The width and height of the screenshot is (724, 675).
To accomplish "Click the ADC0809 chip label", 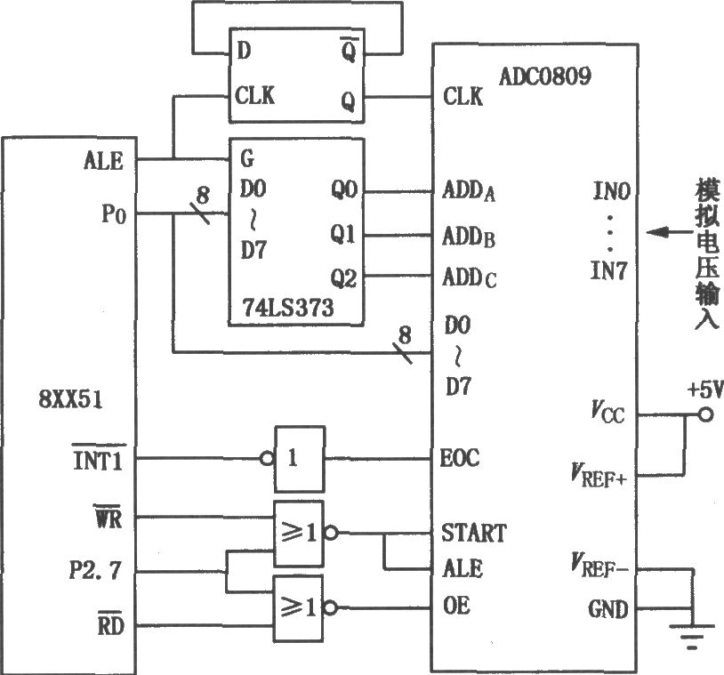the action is (x=545, y=76).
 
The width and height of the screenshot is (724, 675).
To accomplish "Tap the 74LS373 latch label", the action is (x=288, y=308).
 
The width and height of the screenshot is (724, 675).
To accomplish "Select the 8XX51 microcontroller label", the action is (x=70, y=399).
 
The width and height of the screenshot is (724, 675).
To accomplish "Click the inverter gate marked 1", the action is (x=300, y=459).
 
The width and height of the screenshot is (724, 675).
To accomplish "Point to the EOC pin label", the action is (x=460, y=458).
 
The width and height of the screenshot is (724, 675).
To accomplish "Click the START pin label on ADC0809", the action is (x=474, y=533).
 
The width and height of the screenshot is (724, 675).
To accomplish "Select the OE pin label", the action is (x=456, y=606).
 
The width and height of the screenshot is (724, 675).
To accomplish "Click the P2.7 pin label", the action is (x=95, y=570).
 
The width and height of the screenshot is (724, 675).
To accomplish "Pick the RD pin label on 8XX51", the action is (x=111, y=624).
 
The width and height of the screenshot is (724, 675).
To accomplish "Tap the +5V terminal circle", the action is (x=705, y=415).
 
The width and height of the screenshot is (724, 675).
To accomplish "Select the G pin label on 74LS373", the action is (x=247, y=159).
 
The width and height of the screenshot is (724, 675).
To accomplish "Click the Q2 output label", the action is (x=344, y=278).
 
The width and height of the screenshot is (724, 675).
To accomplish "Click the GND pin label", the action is (x=608, y=609).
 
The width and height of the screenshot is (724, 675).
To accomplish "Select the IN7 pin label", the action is (x=609, y=270).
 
